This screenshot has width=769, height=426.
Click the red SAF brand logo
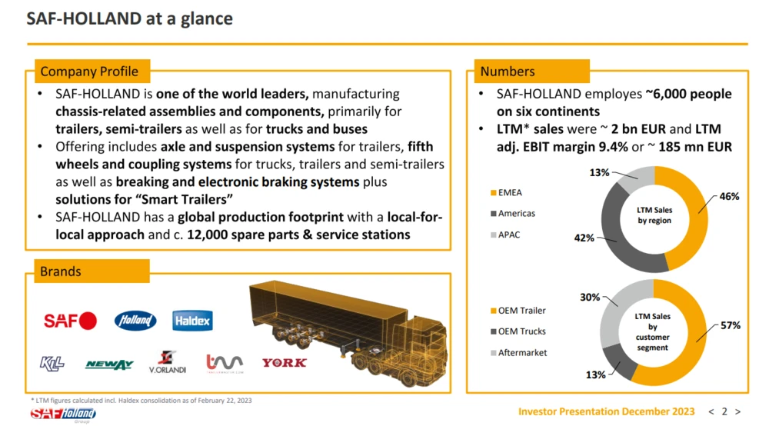(x=70, y=321)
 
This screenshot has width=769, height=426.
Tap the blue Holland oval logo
(x=135, y=321)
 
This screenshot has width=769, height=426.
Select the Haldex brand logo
(x=193, y=321)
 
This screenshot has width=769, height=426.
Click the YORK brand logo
(x=285, y=363)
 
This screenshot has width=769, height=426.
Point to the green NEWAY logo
(x=109, y=364)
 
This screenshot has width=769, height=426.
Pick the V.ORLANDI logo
(x=168, y=362)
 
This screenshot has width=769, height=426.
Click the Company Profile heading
(x=89, y=72)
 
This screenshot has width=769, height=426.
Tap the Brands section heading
(x=60, y=271)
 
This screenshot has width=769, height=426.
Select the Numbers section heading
(x=508, y=72)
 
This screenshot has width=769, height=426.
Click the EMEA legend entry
(x=507, y=193)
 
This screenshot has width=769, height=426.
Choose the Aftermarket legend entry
(x=519, y=352)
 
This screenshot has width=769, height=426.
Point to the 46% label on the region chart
(x=729, y=197)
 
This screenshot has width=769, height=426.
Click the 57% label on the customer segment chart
(x=731, y=325)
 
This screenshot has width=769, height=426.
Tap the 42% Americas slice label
(x=584, y=238)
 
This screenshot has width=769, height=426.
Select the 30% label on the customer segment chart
(x=590, y=298)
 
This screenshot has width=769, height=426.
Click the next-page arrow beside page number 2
(x=737, y=412)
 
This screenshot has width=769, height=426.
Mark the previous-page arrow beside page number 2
(x=711, y=412)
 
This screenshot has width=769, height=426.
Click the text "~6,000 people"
(x=688, y=94)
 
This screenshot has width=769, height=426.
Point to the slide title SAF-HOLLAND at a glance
(x=129, y=18)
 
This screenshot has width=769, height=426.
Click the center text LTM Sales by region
(x=654, y=215)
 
